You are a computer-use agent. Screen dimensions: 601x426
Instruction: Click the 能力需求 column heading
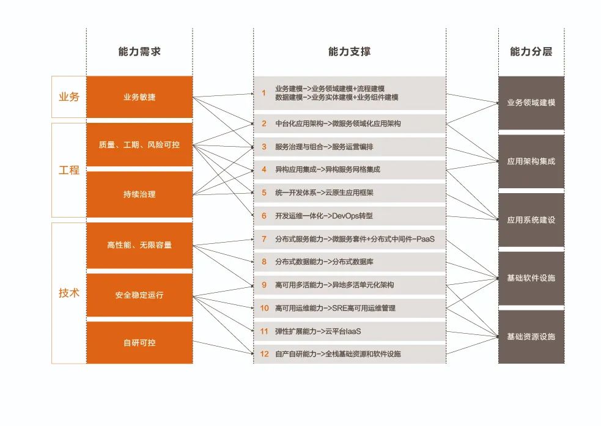coord(139,52)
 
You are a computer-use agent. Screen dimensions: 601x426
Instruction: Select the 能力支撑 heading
coord(349,52)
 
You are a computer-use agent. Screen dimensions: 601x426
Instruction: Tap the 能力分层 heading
coord(531,52)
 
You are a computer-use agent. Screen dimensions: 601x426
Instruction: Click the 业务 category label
coord(68,97)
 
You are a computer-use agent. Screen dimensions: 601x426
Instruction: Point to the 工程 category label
coord(68,170)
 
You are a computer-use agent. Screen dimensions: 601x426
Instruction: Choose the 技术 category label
coord(68,293)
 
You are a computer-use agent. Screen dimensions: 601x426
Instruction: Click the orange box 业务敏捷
coord(139,97)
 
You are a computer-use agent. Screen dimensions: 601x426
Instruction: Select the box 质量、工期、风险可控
coord(139,145)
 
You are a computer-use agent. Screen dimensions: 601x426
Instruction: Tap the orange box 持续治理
coord(139,194)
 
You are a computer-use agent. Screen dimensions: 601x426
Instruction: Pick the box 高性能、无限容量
coord(139,245)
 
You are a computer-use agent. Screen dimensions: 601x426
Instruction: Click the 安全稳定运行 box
coord(139,295)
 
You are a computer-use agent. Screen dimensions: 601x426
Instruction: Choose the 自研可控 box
coord(139,343)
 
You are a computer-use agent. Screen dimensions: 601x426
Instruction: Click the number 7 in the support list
coord(264,239)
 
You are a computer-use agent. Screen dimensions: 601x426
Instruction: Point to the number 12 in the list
coord(264,354)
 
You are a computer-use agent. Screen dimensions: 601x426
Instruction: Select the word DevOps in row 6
coord(344,216)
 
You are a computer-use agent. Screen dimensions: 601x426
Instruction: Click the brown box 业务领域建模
coord(531,103)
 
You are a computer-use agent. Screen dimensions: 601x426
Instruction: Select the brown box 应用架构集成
coord(531,161)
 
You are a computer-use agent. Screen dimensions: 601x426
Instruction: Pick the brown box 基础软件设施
coord(531,278)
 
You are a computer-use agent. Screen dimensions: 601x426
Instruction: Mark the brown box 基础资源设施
coord(531,337)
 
